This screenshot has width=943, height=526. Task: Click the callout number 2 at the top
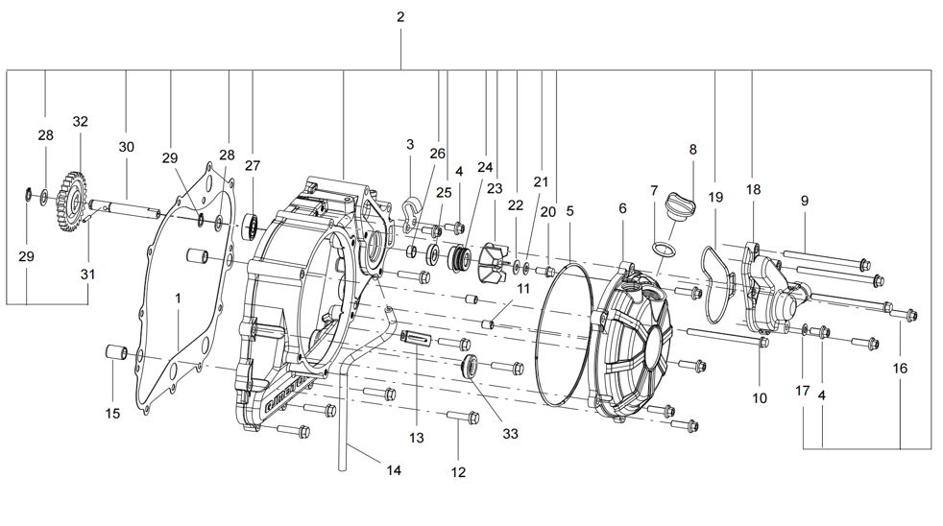(x=400, y=17)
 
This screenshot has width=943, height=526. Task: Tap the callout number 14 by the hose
(x=394, y=469)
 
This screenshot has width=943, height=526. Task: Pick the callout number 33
(x=510, y=434)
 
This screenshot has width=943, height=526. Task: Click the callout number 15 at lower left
(x=112, y=414)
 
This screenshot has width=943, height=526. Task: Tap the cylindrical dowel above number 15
(x=115, y=351)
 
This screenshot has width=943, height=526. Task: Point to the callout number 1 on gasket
(x=178, y=299)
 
